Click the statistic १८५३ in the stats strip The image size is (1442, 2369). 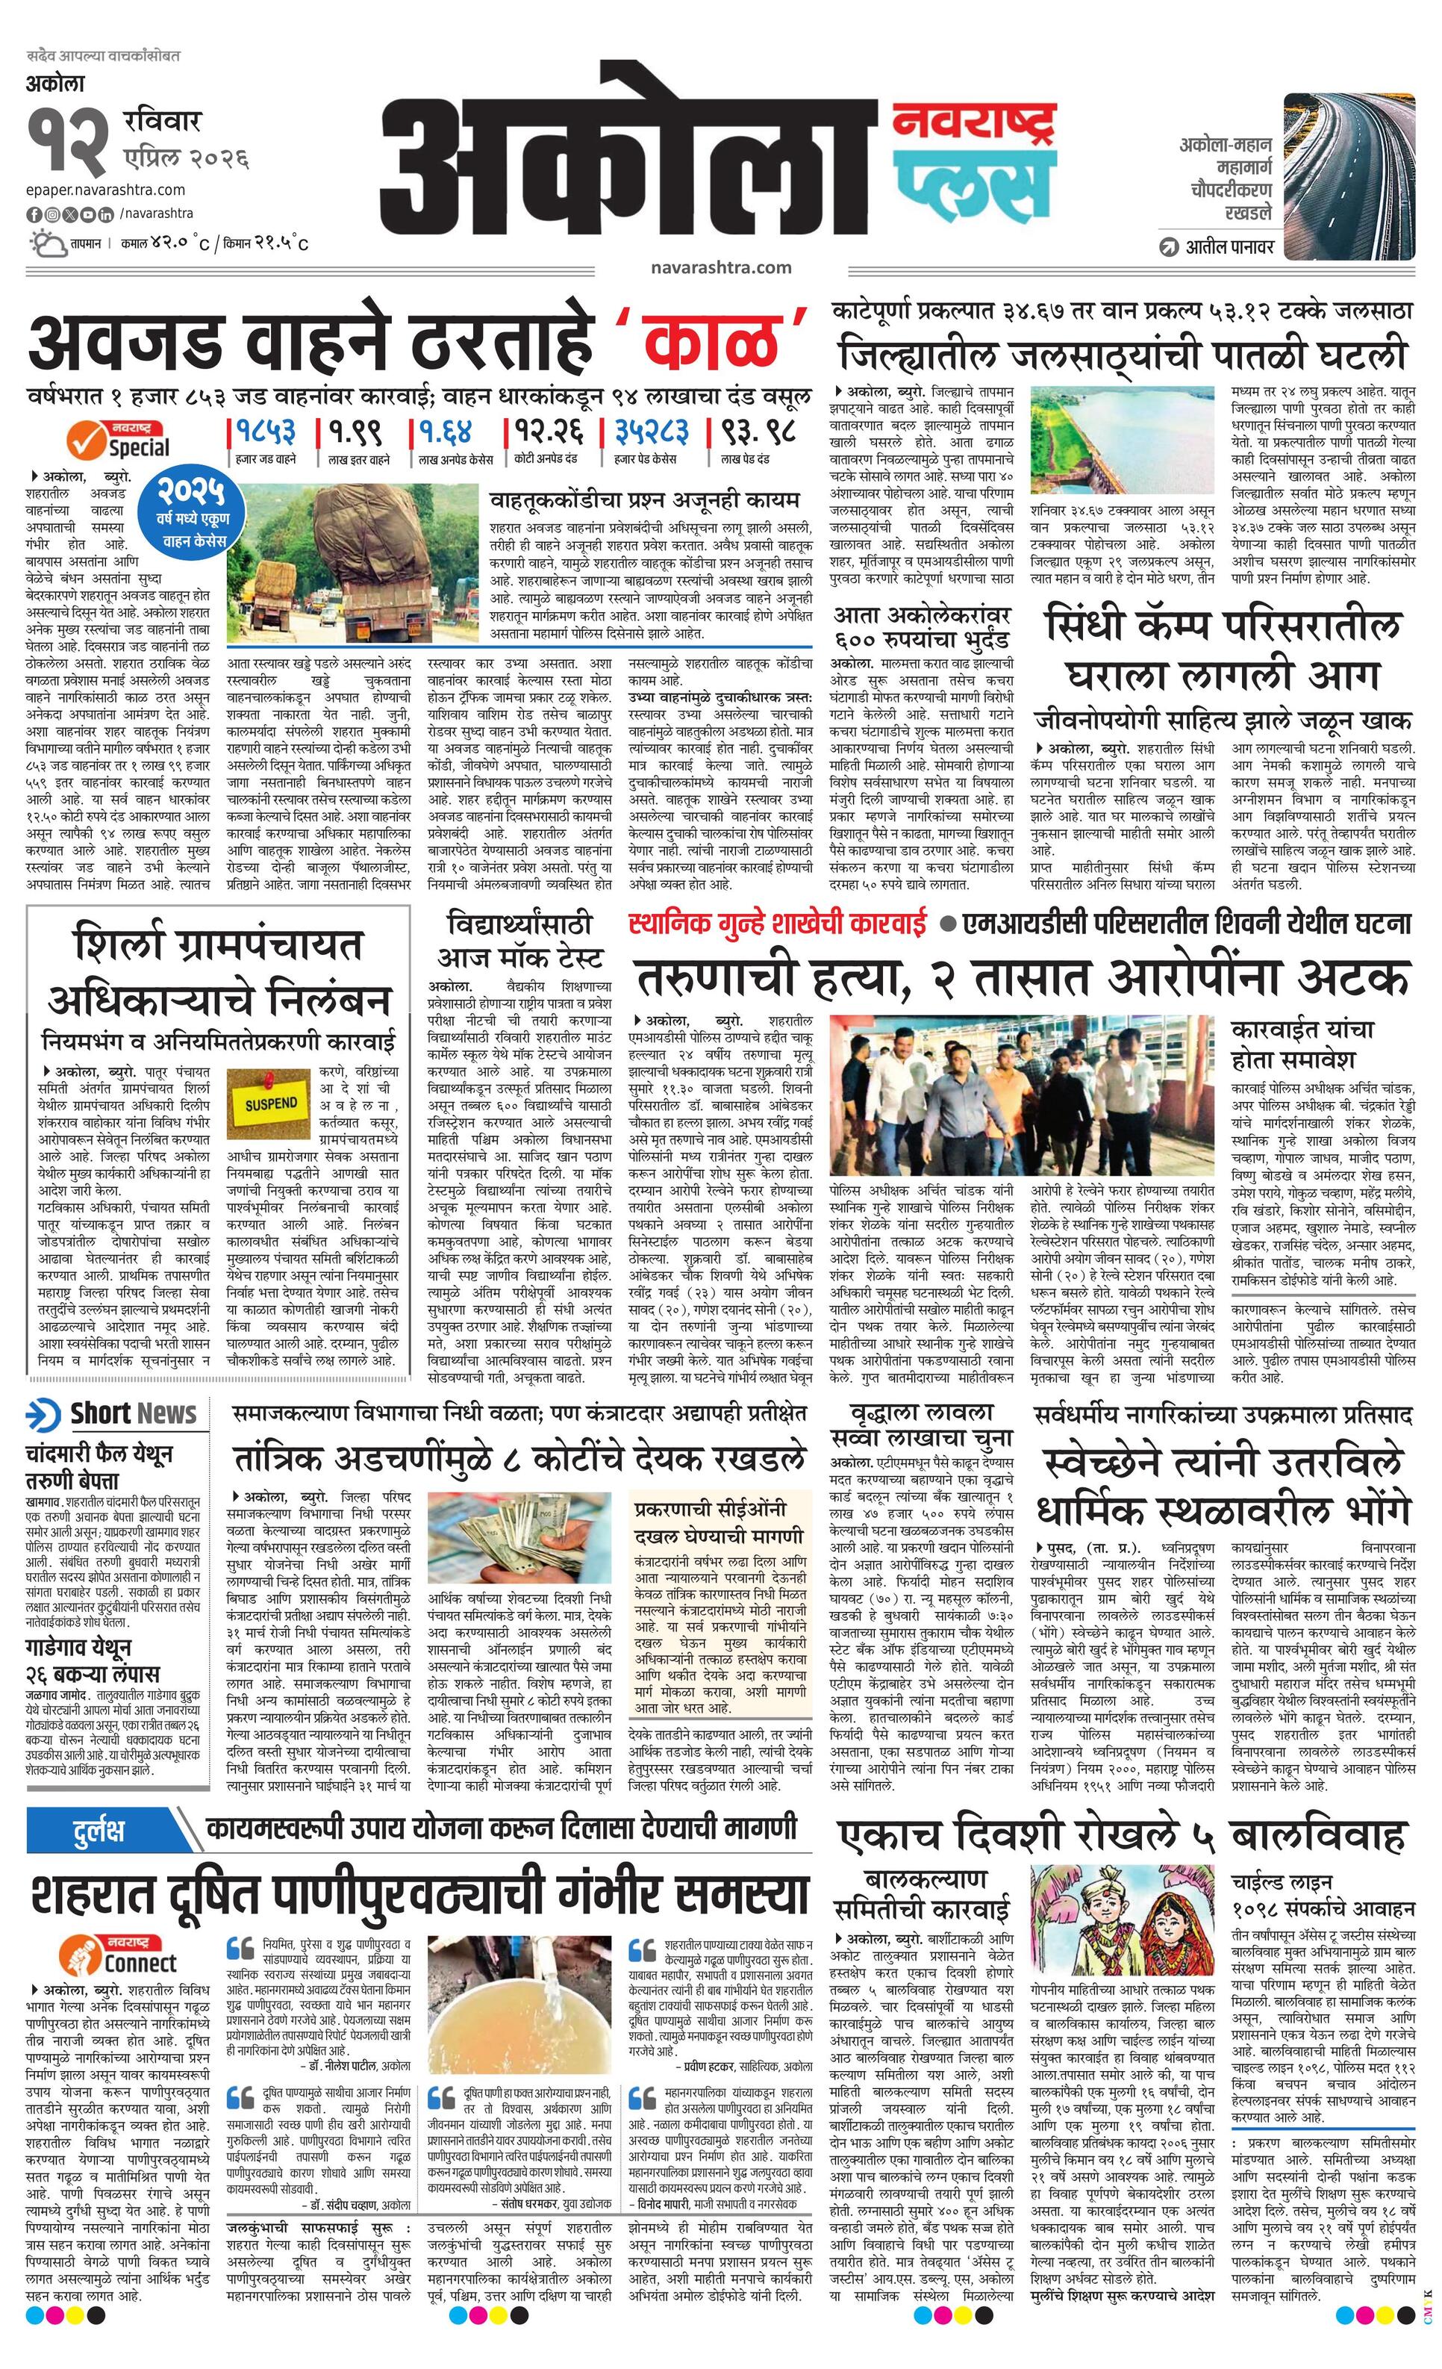pyautogui.click(x=261, y=431)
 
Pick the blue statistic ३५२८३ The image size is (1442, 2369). pyautogui.click(x=652, y=431)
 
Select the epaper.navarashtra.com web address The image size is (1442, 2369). pyautogui.click(x=106, y=190)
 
